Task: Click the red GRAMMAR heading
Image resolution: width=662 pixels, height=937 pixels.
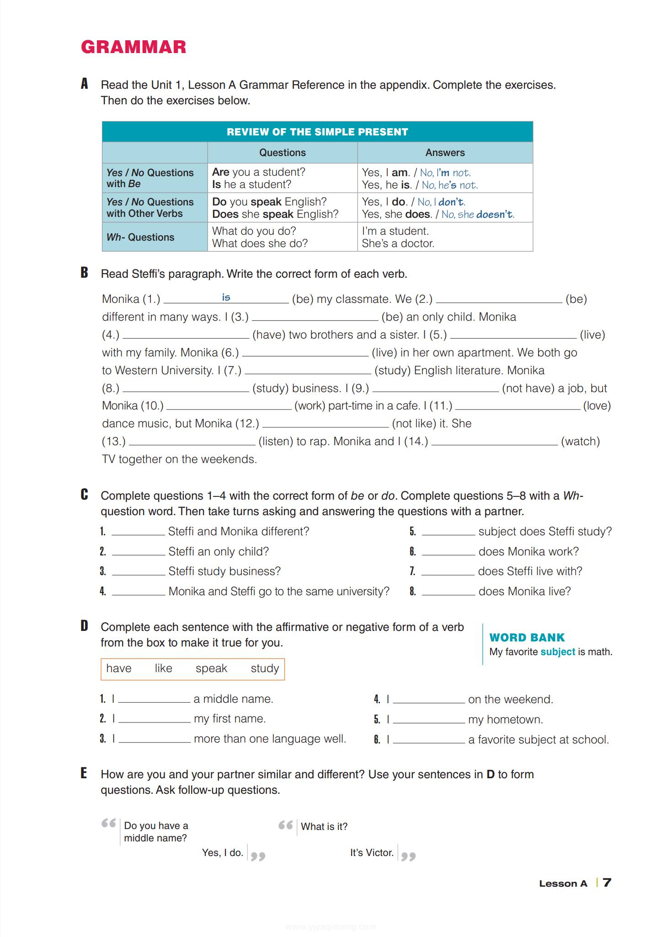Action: (133, 47)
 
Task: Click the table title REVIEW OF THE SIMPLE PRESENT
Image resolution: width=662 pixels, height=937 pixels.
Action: (317, 132)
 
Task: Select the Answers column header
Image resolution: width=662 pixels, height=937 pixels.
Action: (445, 153)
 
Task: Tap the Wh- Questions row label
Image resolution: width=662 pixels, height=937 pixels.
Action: (140, 237)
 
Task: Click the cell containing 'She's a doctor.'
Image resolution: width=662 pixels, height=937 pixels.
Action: (398, 243)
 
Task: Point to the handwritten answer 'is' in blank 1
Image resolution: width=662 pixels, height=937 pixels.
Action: (226, 297)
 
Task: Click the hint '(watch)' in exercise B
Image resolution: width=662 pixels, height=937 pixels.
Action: (580, 442)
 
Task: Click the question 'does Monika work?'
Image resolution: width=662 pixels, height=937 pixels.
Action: (528, 551)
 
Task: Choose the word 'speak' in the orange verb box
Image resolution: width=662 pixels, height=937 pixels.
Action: (211, 668)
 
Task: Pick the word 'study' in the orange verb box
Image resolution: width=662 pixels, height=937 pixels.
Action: (265, 668)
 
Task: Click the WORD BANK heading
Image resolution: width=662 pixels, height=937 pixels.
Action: (527, 637)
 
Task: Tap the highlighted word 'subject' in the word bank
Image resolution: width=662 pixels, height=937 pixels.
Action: (557, 652)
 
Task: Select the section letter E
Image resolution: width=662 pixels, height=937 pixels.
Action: (84, 773)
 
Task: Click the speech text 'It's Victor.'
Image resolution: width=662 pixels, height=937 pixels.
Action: (372, 853)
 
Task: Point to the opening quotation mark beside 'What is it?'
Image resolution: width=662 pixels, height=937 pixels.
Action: (286, 825)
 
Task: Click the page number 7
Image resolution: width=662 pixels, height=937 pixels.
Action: (607, 883)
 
